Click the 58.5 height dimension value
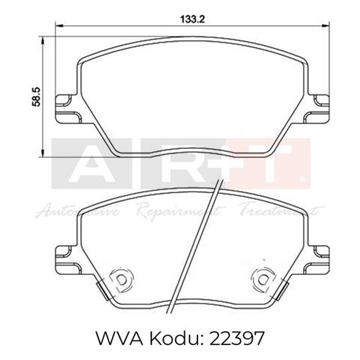[x=37, y=96]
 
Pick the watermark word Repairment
[x=180, y=213]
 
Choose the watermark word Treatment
[x=281, y=213]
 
